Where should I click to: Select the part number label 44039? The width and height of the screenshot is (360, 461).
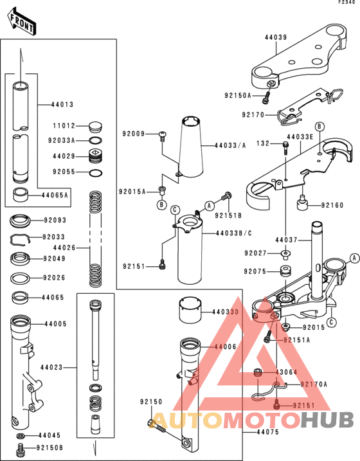pyautogui.click(x=275, y=37)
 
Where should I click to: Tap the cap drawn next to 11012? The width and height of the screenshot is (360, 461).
pyautogui.click(x=94, y=125)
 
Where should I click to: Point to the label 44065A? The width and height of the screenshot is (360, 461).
pyautogui.click(x=55, y=194)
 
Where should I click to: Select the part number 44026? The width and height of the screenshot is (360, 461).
pyautogui.click(x=63, y=247)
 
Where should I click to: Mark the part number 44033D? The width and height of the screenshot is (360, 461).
pyautogui.click(x=225, y=312)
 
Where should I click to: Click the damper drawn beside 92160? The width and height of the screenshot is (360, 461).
pyautogui.click(x=300, y=206)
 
